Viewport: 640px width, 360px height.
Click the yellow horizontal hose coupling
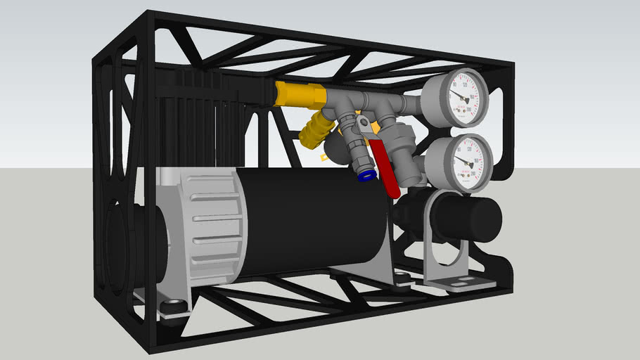(298, 93)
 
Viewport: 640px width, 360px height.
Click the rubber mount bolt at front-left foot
(172, 307)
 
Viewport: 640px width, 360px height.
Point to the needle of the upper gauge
(461, 96)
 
